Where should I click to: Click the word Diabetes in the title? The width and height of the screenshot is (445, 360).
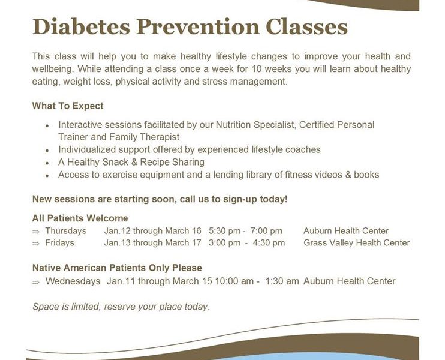(x=81, y=26)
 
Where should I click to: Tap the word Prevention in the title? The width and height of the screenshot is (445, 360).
(x=198, y=26)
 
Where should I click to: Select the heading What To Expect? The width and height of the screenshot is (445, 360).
(x=68, y=106)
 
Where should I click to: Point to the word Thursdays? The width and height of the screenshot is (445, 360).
(x=66, y=231)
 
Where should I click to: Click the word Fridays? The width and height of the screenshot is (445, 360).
(x=59, y=243)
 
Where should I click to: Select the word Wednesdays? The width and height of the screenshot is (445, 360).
(x=73, y=281)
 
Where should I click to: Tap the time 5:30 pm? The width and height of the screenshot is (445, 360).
(x=225, y=231)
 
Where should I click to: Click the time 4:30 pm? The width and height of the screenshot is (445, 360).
(x=269, y=243)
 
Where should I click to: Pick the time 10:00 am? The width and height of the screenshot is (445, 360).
(x=234, y=281)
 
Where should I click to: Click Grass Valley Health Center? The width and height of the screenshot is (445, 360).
(x=357, y=243)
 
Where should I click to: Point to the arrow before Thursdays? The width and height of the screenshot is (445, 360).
(x=36, y=232)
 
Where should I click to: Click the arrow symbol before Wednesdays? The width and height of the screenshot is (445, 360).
(x=36, y=282)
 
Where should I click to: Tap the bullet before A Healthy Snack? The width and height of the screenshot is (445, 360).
(x=47, y=163)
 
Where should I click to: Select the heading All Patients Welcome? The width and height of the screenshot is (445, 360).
(x=80, y=218)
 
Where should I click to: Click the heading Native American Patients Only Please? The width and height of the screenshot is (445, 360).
(x=117, y=268)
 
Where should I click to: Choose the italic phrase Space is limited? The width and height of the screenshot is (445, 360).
(x=66, y=307)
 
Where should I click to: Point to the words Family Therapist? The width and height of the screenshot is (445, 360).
(x=145, y=137)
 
